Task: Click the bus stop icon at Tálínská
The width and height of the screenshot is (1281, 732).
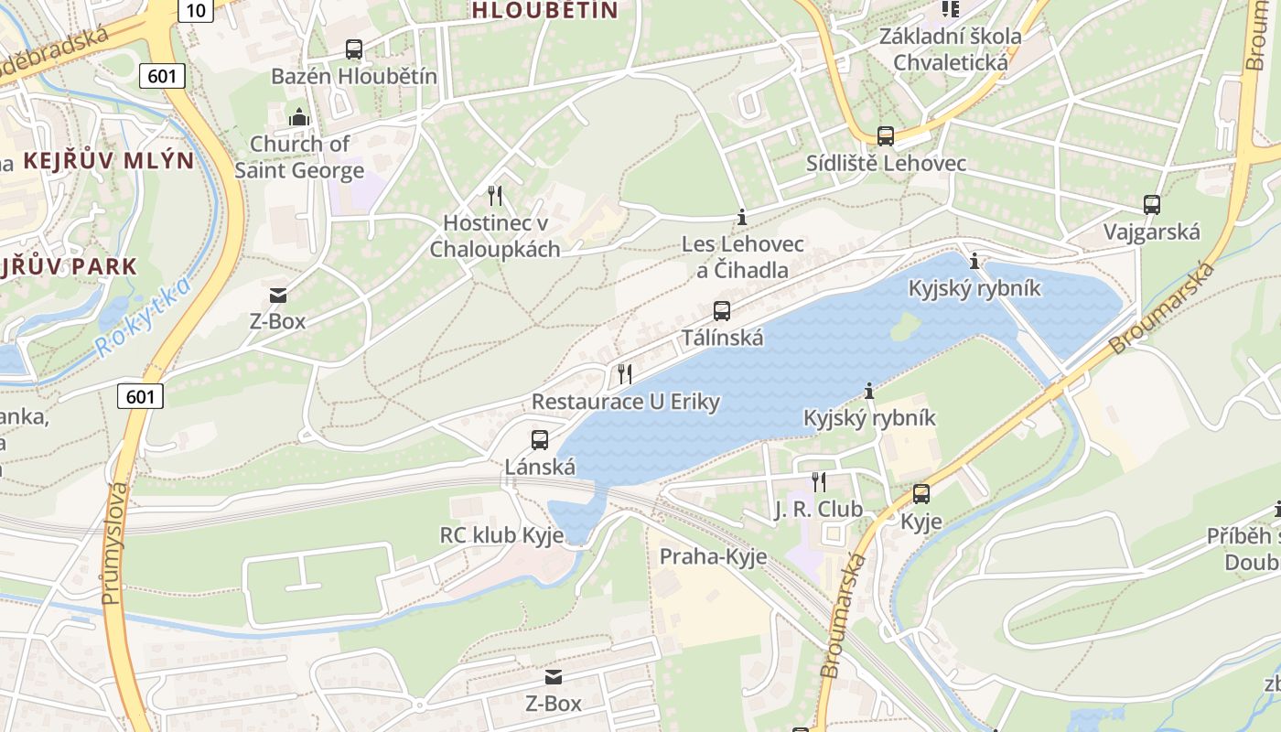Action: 722,311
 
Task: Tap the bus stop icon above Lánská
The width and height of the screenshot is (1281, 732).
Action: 540,440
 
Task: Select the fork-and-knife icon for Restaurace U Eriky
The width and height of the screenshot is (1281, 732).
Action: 625,373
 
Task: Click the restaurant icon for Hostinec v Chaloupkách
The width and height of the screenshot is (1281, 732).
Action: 495,195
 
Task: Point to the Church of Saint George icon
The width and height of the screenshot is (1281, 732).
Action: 299,117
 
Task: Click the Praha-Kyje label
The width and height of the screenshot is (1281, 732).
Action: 713,556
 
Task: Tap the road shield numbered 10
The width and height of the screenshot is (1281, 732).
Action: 196,10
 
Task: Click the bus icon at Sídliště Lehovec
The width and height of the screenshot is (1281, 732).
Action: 885,136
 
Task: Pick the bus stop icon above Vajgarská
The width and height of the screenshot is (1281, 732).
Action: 1152,205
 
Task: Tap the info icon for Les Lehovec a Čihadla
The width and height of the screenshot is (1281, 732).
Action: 742,218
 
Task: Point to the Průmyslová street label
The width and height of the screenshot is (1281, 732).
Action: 113,544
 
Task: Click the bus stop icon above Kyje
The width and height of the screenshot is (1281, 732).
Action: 920,494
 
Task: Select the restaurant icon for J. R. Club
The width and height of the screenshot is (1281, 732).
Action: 819,481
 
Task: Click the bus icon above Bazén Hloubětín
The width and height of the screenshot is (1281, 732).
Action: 354,49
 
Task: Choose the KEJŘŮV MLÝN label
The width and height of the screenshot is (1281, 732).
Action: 108,161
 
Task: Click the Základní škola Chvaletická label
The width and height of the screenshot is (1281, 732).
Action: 950,49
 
